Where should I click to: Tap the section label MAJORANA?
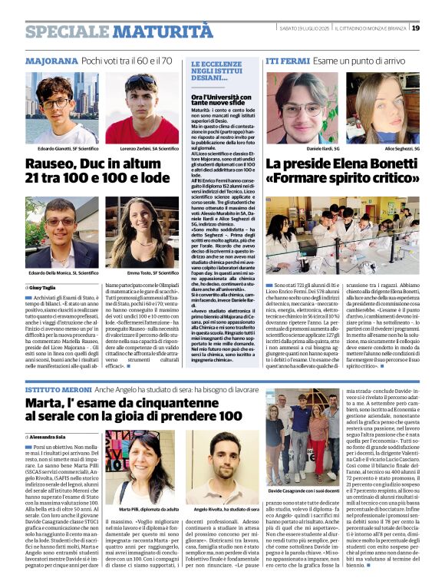(51, 60)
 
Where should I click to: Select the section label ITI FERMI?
(288, 60)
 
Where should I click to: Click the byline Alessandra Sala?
(53, 436)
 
